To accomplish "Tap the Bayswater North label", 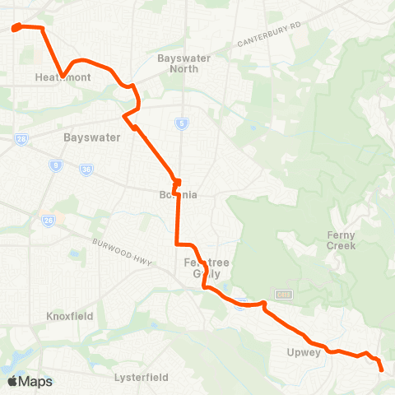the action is click(x=184, y=63).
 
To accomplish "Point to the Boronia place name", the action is click(x=178, y=195).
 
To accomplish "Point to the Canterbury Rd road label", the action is click(x=269, y=35).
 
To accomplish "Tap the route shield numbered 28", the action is click(x=21, y=138).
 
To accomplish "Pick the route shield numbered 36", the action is click(x=86, y=170).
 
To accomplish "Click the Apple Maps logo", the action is click(x=30, y=381).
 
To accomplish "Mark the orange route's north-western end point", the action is click(x=16, y=30).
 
